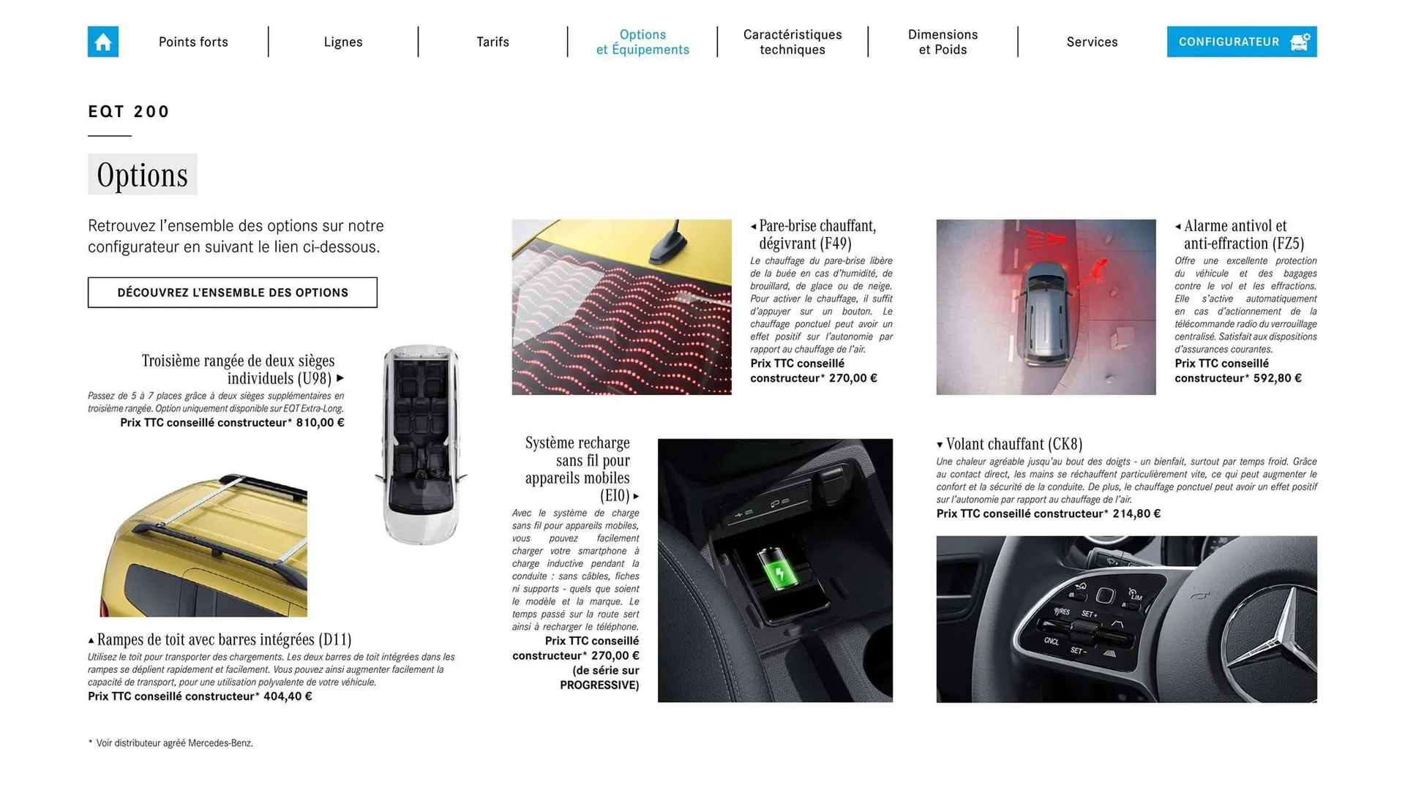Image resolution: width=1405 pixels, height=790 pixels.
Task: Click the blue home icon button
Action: (103, 42)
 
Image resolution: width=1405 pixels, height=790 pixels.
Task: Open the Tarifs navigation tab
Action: (492, 42)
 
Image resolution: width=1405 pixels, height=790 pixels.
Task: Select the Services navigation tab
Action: (1092, 42)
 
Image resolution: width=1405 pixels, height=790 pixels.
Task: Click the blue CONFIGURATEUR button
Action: (1241, 42)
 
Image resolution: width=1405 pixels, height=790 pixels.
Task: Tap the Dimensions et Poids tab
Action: (943, 42)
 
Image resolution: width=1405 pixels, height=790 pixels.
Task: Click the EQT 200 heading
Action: (129, 112)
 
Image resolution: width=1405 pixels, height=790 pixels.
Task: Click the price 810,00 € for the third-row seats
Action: (320, 423)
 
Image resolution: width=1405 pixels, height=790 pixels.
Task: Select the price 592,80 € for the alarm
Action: (1277, 378)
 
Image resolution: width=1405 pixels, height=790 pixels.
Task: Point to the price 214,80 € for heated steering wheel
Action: (1136, 513)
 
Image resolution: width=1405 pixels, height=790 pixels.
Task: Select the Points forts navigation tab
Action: (193, 42)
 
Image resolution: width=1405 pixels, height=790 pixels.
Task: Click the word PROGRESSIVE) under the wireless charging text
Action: (599, 685)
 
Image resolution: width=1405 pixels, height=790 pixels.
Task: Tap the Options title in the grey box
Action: (142, 175)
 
